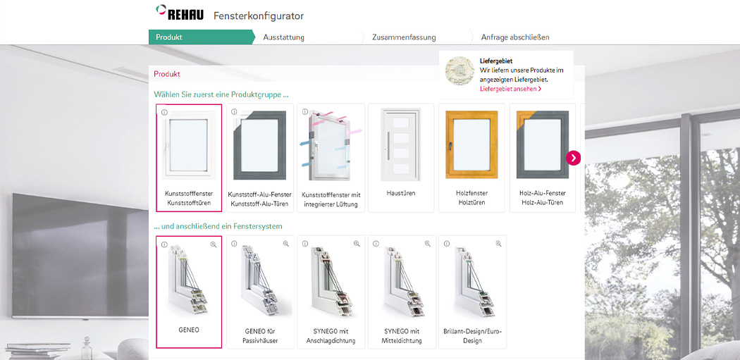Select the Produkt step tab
tap(169, 37)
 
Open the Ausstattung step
tap(283, 37)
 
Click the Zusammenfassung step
tap(404, 37)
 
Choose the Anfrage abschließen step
tap(514, 37)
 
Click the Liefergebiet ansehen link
tap(510, 89)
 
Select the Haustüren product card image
tap(401, 145)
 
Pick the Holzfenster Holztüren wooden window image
tap(471, 145)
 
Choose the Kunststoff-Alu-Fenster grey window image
tap(259, 145)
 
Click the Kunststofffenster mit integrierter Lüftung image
tap(331, 145)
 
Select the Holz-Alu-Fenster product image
tap(542, 145)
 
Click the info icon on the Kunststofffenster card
tap(164, 113)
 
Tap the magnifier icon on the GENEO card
tap(214, 244)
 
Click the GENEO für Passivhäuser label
tap(260, 335)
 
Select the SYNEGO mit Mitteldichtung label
tap(402, 335)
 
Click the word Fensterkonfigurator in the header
tap(258, 15)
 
